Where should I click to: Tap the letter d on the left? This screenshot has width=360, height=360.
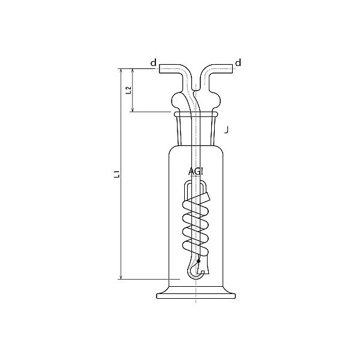tap(153, 62)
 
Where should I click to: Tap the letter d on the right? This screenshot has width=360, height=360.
tap(239, 62)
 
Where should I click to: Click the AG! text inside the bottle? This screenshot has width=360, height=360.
tap(196, 170)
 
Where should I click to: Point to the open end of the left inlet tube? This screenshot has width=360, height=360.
tap(160, 70)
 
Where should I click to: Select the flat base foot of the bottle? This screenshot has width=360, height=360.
tap(196, 295)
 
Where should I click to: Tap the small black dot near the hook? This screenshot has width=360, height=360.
tap(199, 260)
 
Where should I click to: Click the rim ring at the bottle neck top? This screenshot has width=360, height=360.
tap(196, 113)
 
